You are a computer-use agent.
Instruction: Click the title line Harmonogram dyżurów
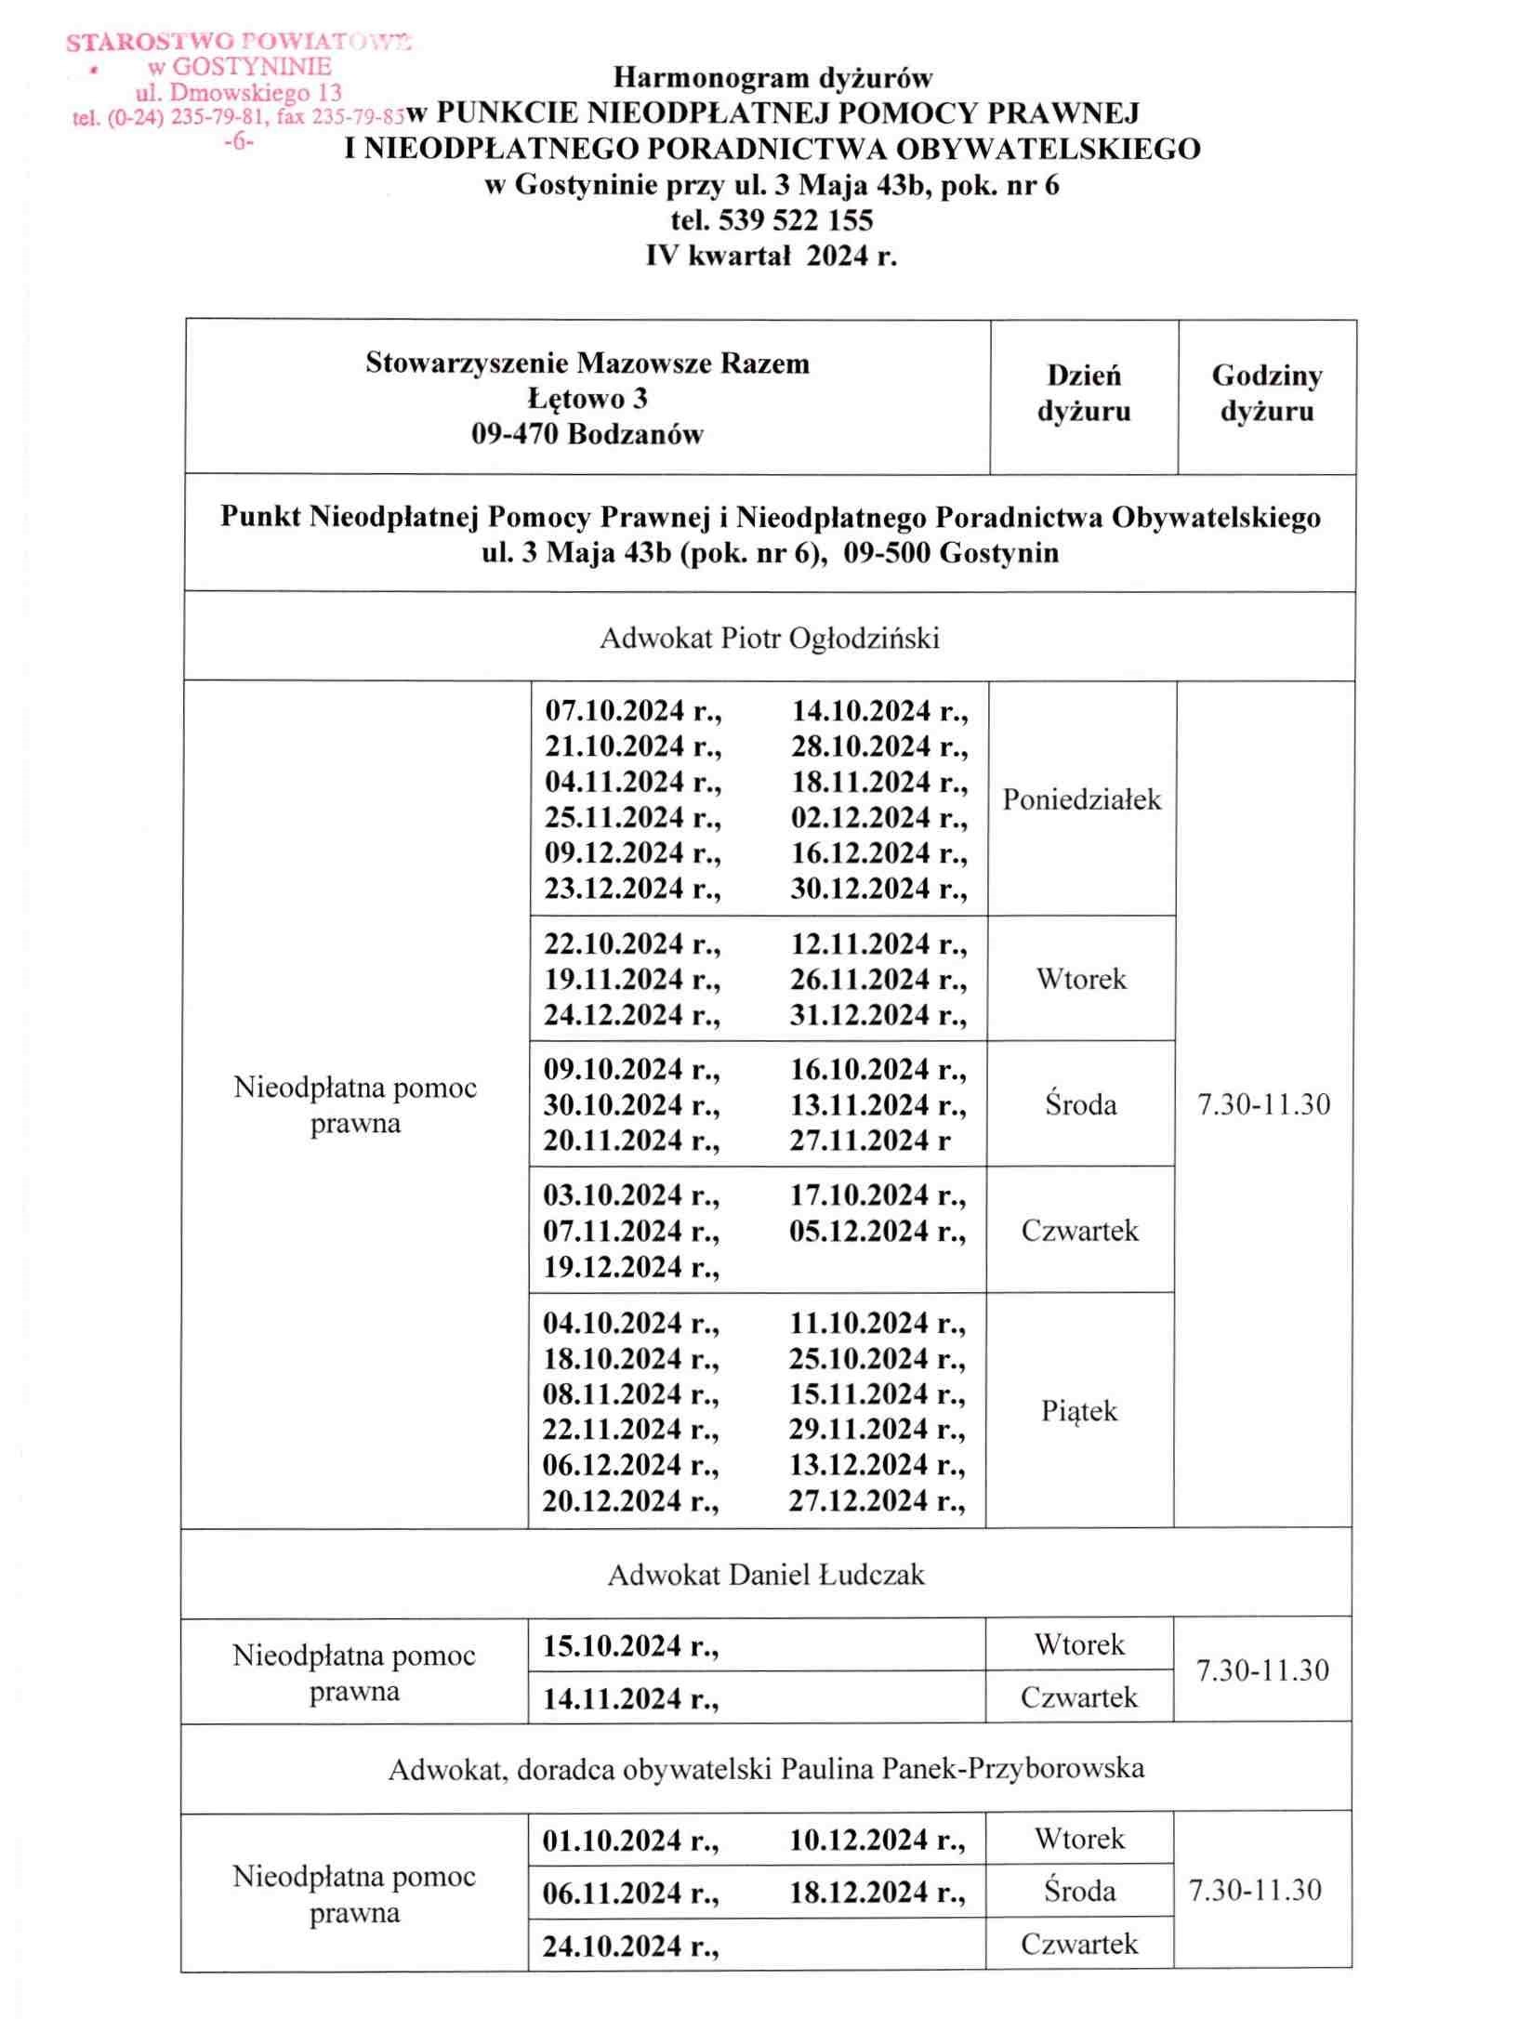click(x=772, y=77)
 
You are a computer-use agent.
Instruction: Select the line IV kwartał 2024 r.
click(x=772, y=256)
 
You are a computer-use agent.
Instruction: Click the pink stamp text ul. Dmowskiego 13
click(x=239, y=93)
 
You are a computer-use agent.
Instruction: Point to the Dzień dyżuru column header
click(x=1084, y=393)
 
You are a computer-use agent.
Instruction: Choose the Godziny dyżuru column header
click(x=1267, y=393)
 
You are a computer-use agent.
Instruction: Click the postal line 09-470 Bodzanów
click(x=587, y=434)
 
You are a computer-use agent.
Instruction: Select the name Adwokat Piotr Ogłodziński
click(x=770, y=639)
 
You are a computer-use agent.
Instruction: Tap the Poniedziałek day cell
click(x=1082, y=799)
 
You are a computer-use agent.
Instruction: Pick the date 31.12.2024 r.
click(x=878, y=1015)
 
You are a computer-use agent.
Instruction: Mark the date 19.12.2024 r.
click(x=632, y=1267)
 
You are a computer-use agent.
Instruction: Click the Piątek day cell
click(x=1079, y=1411)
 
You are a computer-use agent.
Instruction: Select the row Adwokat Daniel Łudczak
click(x=767, y=1575)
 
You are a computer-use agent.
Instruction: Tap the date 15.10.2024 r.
click(x=632, y=1646)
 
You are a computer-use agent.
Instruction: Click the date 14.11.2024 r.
click(x=632, y=1699)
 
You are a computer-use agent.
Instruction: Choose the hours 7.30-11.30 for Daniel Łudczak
click(x=1262, y=1670)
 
